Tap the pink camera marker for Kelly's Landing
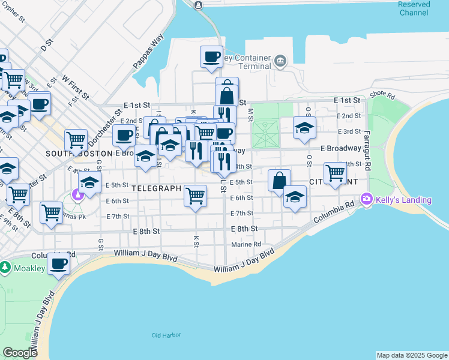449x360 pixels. [367, 199]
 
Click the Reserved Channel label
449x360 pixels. [414, 8]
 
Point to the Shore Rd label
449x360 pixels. [382, 95]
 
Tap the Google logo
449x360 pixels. [20, 353]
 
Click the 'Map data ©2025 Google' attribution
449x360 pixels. [412, 355]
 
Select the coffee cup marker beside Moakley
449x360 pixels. [58, 263]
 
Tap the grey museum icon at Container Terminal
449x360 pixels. [280, 60]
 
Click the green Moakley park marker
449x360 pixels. [5, 266]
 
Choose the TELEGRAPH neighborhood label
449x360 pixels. [156, 188]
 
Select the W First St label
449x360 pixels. [75, 87]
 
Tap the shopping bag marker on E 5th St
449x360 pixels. [279, 179]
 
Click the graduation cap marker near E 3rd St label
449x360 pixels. [304, 127]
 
